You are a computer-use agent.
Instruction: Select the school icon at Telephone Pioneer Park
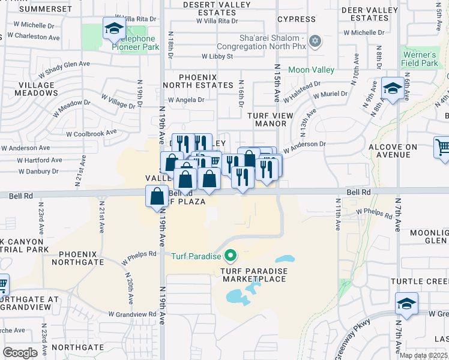tap(113, 29)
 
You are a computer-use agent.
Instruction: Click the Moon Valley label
tap(311, 70)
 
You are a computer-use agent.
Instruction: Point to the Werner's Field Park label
tap(420, 59)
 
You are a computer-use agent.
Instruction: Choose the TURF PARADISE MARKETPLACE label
tap(254, 275)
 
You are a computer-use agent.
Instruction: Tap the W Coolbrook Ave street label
tap(91, 133)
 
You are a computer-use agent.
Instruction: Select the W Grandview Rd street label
tap(133, 314)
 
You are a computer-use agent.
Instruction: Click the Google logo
tap(20, 353)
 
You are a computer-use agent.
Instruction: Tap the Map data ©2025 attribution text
tap(423, 355)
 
